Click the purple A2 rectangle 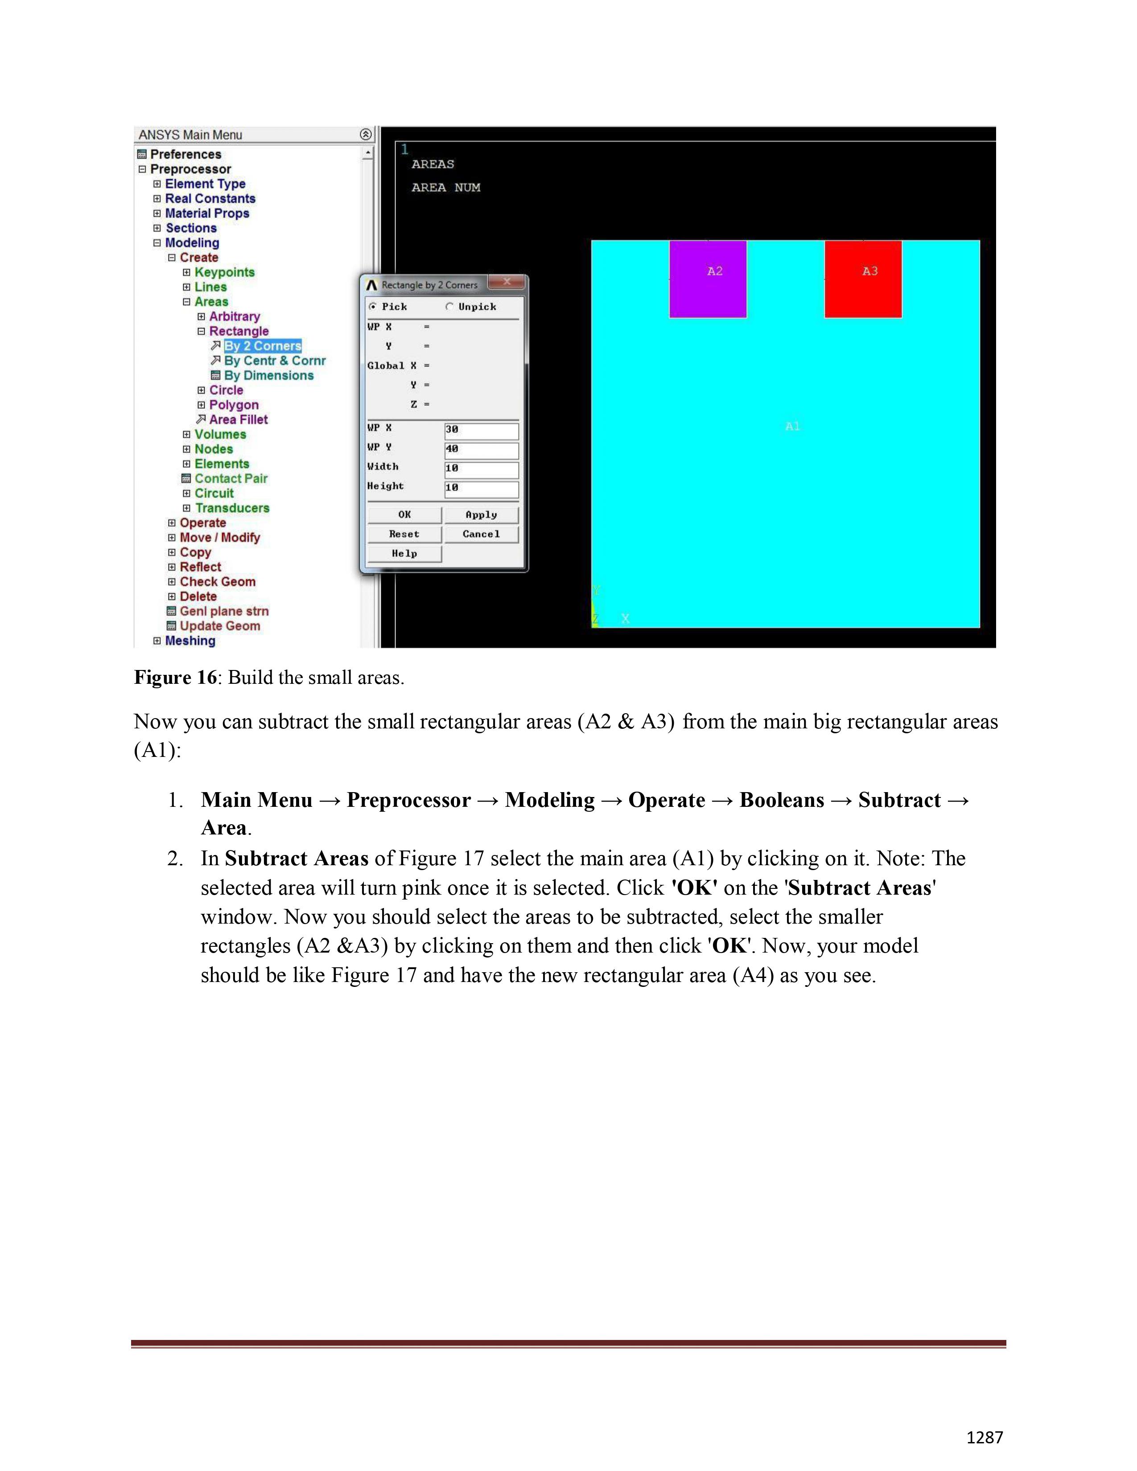[x=707, y=279]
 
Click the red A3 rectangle [x=863, y=279]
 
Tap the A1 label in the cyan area [x=792, y=426]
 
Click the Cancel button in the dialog [x=481, y=534]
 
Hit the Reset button [x=404, y=534]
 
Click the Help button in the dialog [x=404, y=554]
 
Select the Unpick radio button [x=449, y=307]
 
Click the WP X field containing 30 [x=481, y=430]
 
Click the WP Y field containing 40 [x=481, y=449]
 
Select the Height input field [x=481, y=488]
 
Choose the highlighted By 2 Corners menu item [x=262, y=346]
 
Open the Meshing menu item [x=190, y=641]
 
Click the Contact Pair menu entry [x=231, y=479]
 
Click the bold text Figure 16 [x=175, y=678]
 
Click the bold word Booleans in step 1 [x=781, y=800]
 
